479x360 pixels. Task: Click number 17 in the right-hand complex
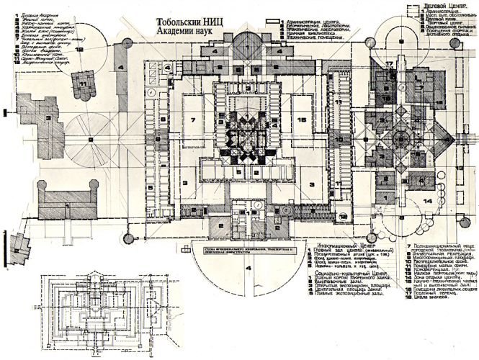click(x=388, y=66)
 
